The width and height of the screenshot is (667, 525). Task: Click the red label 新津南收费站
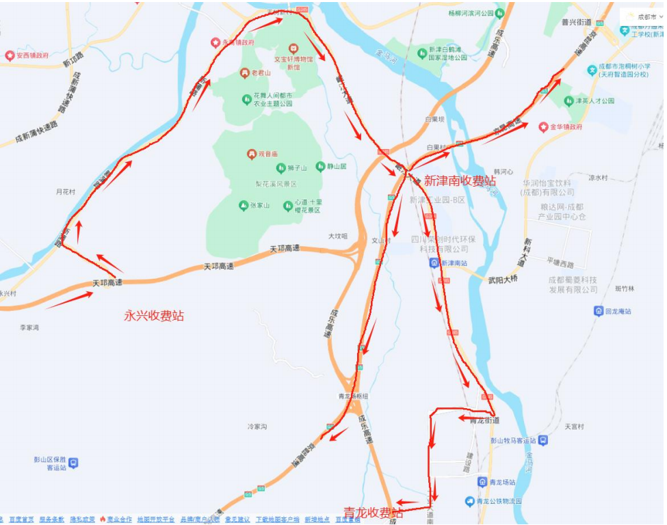pyautogui.click(x=460, y=181)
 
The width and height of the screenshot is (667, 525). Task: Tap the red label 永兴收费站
pyautogui.click(x=154, y=316)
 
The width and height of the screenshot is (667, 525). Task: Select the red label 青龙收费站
pyautogui.click(x=373, y=513)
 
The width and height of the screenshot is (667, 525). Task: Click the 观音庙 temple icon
pyautogui.click(x=252, y=154)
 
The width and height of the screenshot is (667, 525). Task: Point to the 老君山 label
pyautogui.click(x=261, y=73)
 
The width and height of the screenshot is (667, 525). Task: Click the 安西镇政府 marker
pyautogui.click(x=10, y=55)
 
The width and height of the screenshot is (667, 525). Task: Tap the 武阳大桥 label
pyautogui.click(x=503, y=279)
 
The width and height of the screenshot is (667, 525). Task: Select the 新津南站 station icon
pyautogui.click(x=434, y=263)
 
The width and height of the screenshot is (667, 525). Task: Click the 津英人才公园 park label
pyautogui.click(x=594, y=101)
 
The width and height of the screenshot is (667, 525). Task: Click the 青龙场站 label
pyautogui.click(x=506, y=482)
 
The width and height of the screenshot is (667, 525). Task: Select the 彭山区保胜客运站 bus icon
pyautogui.click(x=73, y=463)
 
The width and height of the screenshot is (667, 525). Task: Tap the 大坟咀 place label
pyautogui.click(x=338, y=236)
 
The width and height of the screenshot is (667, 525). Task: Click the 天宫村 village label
pyautogui.click(x=575, y=427)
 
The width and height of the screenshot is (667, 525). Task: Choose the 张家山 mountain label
pyautogui.click(x=260, y=206)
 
